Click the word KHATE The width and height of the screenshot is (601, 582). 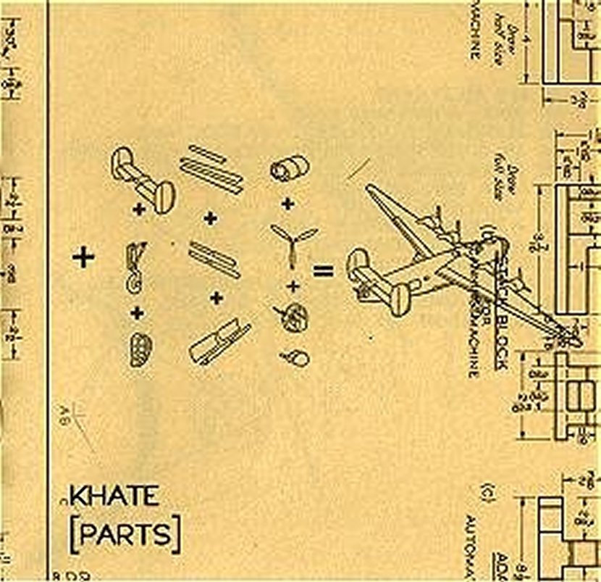pos(114,496)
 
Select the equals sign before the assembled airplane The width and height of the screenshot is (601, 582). pos(323,272)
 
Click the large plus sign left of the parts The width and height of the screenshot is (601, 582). pos(84,257)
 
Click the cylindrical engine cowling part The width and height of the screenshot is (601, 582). pos(289,170)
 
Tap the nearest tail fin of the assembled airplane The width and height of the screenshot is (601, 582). pos(399,298)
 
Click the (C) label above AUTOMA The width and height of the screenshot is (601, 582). pos(492,490)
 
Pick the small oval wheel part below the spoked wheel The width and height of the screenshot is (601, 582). pos(296,357)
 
